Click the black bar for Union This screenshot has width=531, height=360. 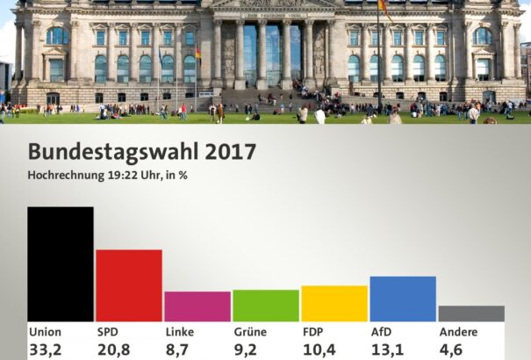click(60, 263)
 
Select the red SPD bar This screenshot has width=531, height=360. click(128, 285)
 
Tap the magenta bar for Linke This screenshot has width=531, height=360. click(197, 306)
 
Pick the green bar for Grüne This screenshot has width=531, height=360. click(265, 306)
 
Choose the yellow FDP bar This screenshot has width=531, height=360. click(334, 303)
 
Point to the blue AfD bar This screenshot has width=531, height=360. click(402, 299)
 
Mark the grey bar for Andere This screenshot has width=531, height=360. click(470, 313)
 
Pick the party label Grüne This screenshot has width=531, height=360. click(249, 333)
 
